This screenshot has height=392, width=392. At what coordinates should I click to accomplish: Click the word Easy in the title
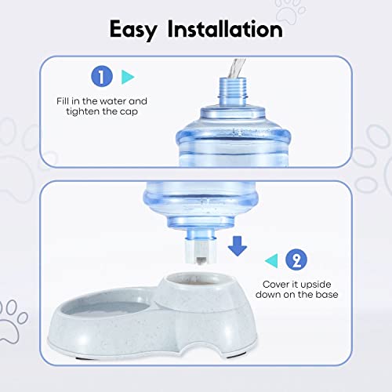coord(136,30)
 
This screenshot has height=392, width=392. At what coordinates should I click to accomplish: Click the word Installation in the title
coord(225,30)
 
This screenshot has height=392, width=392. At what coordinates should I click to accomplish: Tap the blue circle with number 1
coord(101,76)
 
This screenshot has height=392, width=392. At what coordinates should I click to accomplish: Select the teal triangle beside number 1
coord(129,76)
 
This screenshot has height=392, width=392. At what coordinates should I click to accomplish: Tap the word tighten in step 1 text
coord(101,114)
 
